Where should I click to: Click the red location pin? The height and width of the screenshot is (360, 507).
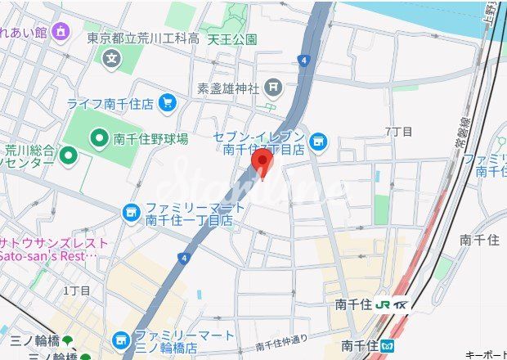262,161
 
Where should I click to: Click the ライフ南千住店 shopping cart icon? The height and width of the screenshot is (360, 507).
168,102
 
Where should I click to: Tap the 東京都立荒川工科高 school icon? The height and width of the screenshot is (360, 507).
112,58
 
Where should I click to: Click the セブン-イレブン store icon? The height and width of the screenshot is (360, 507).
317,142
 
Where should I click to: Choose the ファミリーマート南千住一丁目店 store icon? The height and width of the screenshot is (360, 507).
131,213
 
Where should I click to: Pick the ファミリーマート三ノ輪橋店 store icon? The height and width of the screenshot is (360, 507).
121,339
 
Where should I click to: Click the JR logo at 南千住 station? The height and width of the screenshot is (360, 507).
383,304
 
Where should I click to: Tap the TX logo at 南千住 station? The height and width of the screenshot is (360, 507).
401,304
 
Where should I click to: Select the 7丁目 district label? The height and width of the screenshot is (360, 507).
398,132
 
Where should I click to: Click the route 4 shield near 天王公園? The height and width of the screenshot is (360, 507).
303,60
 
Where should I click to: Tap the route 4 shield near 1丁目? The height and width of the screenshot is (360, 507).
184,259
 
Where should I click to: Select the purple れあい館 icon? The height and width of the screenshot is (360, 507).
61,32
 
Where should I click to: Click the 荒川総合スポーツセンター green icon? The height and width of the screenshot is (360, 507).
68,154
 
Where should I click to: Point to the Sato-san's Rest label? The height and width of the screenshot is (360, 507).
49,256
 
